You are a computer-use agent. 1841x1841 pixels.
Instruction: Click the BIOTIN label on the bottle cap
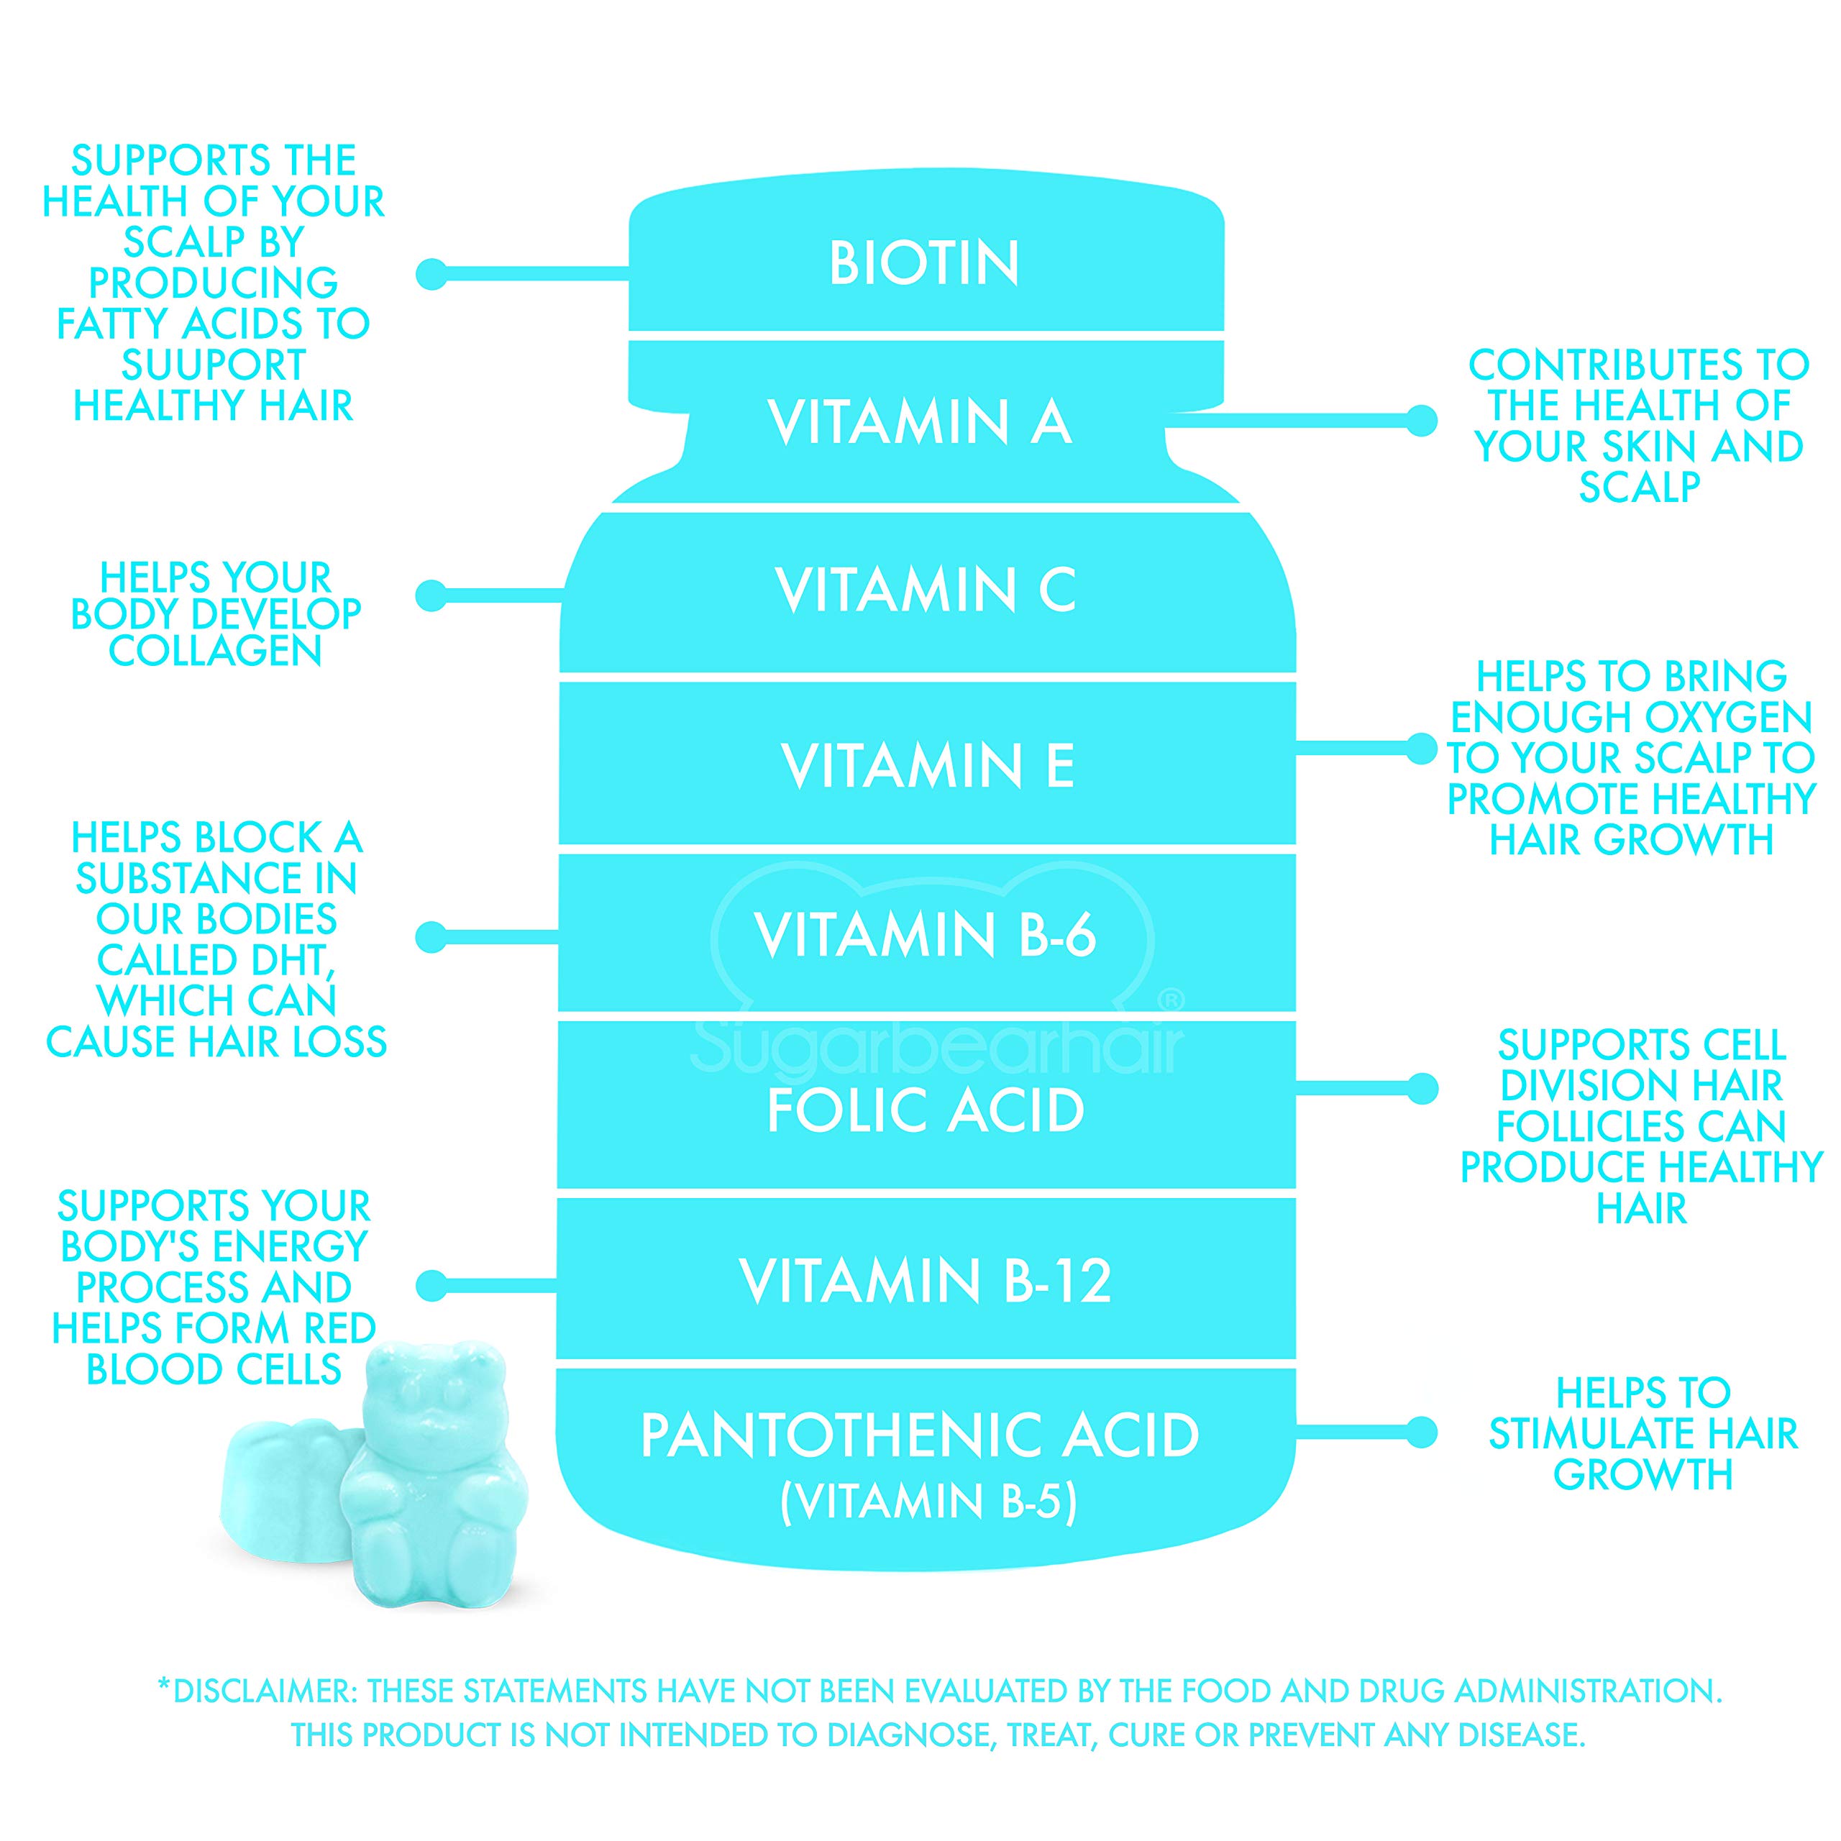pos(923,263)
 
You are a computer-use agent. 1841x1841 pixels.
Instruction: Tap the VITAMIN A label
pos(920,422)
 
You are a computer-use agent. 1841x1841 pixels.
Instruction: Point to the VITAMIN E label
pos(927,766)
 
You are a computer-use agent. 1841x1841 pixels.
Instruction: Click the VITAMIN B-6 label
pos(926,935)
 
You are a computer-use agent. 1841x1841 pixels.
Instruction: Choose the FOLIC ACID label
pos(926,1111)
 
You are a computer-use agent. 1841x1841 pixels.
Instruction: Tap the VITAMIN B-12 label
pos(926,1281)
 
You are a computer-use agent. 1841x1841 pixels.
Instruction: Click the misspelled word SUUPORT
pos(214,365)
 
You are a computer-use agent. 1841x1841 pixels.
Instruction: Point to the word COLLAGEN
pos(215,652)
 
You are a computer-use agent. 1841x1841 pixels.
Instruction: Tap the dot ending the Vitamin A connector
pos(1422,420)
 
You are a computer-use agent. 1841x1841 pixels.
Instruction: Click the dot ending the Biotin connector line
pos(431,275)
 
